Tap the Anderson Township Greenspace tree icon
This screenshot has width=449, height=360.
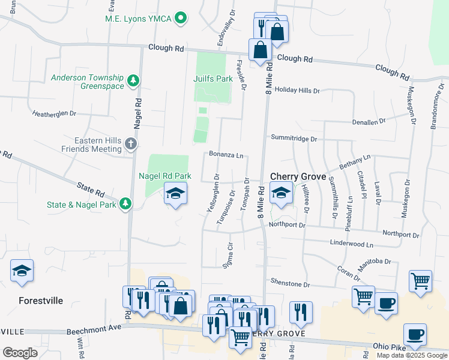(133, 80)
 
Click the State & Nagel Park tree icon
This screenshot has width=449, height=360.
(125, 204)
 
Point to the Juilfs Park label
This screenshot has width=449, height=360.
(213, 79)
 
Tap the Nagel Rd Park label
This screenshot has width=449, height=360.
(165, 176)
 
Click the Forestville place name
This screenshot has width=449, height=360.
(32, 301)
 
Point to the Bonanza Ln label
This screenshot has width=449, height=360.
(226, 154)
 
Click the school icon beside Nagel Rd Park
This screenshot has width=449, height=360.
(175, 193)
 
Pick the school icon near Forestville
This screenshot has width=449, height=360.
(22, 271)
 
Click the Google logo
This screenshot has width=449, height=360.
(20, 353)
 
